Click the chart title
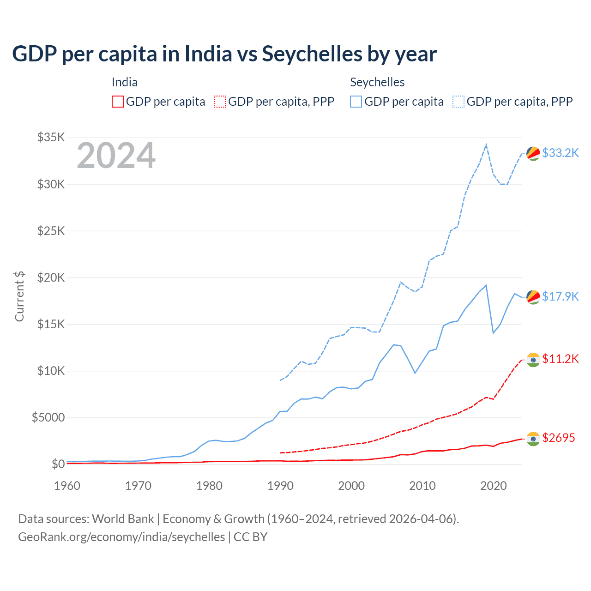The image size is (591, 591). pyautogui.click(x=224, y=54)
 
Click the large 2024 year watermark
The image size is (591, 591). pyautogui.click(x=116, y=156)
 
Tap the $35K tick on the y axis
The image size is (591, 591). pyautogui.click(x=51, y=137)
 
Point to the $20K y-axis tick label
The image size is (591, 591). pyautogui.click(x=51, y=277)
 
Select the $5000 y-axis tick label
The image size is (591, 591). pyautogui.click(x=48, y=417)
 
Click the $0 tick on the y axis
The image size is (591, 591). pyautogui.click(x=58, y=464)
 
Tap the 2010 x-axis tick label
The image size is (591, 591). pyautogui.click(x=422, y=486)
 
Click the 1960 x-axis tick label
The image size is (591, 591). pyautogui.click(x=67, y=486)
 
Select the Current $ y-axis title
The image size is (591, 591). pyautogui.click(x=19, y=296)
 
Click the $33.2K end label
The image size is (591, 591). pyautogui.click(x=560, y=153)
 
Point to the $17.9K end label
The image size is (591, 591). pyautogui.click(x=560, y=296)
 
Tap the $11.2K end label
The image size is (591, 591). pyautogui.click(x=560, y=359)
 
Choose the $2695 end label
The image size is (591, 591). pyautogui.click(x=558, y=438)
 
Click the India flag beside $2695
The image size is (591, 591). pyautogui.click(x=533, y=439)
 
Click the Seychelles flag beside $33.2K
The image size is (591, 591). pyautogui.click(x=533, y=153)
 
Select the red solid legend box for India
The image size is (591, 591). pyautogui.click(x=118, y=102)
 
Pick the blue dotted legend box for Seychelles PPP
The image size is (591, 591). pyautogui.click(x=458, y=102)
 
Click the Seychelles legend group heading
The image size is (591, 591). pyautogui.click(x=377, y=82)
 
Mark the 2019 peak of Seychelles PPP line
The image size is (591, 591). pyautogui.click(x=486, y=145)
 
